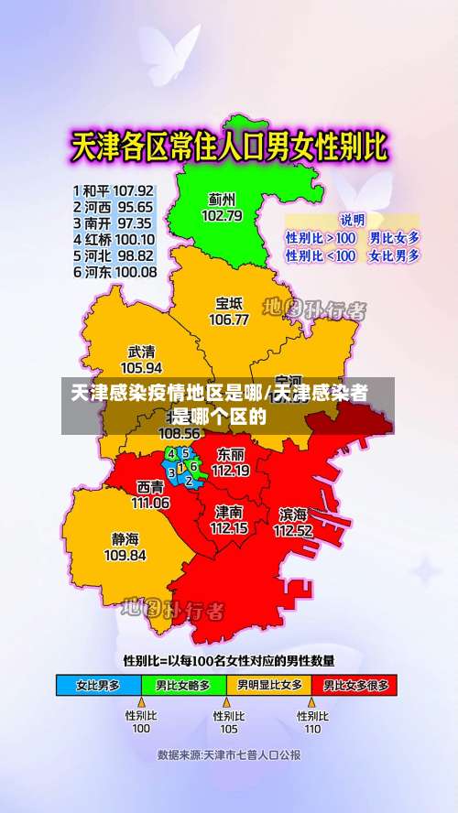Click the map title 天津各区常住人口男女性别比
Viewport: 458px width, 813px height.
[230, 148]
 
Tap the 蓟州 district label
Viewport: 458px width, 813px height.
[222, 199]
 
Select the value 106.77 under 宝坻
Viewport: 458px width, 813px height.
[229, 320]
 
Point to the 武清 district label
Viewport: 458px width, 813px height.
[141, 352]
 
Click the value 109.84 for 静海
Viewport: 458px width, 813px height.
[125, 555]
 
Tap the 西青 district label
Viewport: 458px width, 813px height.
[151, 486]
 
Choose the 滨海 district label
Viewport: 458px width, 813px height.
[293, 514]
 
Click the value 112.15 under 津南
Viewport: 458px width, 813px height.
[229, 528]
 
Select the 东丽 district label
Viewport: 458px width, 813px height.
[231, 454]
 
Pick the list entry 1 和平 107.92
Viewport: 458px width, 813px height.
[114, 190]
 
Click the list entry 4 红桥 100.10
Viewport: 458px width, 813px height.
[114, 239]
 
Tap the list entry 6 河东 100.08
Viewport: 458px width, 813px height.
[114, 272]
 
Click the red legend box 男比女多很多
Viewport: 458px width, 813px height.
[354, 684]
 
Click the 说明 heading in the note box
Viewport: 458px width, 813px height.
[353, 219]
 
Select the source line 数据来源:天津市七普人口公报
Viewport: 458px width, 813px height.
[229, 755]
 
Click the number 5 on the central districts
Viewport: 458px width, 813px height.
[185, 452]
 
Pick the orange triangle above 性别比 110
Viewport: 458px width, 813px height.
[312, 702]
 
